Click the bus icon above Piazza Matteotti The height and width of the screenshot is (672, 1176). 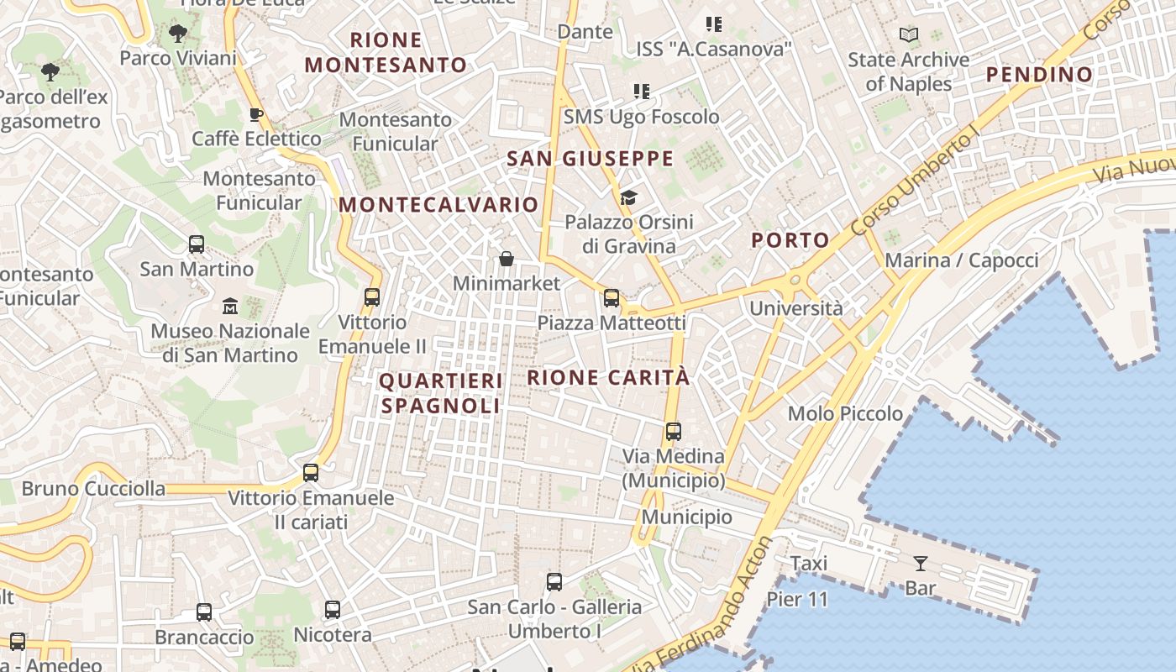612,298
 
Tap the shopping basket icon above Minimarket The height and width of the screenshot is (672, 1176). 507,259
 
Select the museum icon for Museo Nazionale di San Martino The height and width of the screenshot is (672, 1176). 230,307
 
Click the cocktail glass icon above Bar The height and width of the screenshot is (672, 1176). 921,563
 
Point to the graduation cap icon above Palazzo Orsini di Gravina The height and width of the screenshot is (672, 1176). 628,198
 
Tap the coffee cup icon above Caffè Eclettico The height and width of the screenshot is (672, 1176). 256,114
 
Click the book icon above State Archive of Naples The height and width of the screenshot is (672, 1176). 908,35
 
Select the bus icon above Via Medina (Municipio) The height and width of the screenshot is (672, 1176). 673,432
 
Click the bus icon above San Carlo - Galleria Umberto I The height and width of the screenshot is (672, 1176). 554,582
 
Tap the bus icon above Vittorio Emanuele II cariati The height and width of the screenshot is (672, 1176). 311,473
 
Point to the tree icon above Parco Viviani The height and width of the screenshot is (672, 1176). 177,34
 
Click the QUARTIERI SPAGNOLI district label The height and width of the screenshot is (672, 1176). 441,393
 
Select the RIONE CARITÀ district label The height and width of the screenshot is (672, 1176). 608,378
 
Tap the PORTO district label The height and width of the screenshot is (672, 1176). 790,240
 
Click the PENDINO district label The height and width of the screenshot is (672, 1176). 1039,75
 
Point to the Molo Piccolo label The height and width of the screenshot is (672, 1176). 845,413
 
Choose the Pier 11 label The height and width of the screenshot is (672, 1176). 797,600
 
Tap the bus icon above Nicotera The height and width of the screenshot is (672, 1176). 333,610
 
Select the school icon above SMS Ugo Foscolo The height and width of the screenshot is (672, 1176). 642,91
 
